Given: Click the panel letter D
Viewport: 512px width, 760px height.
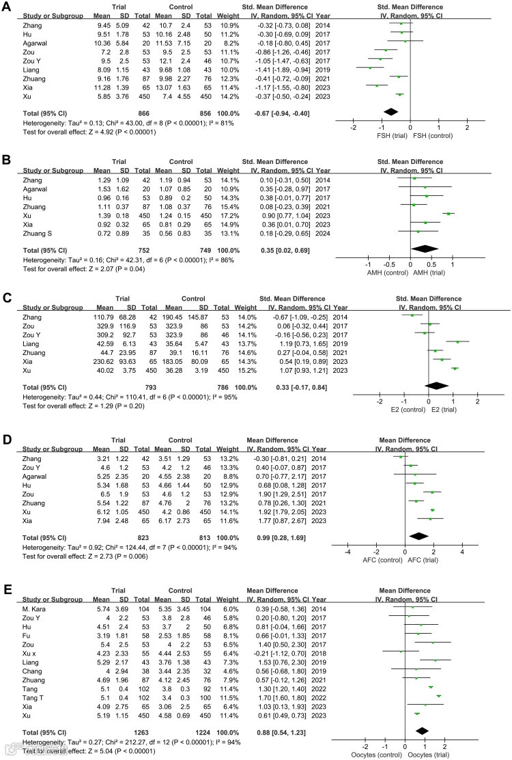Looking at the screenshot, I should pyautogui.click(x=8, y=418).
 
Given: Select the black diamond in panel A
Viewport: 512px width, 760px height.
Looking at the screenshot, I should pyautogui.click(x=390, y=111).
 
